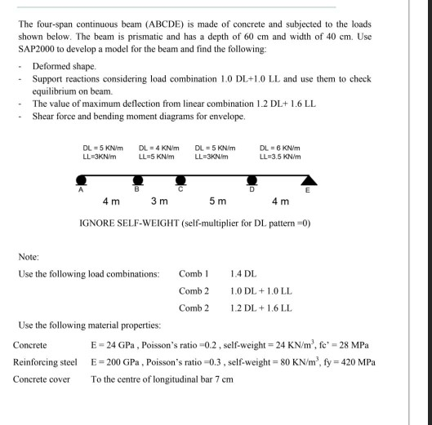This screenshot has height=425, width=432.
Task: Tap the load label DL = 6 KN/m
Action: tap(279, 147)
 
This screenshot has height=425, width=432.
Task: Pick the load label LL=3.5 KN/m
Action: tap(279, 156)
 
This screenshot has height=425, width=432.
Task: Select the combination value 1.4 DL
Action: tap(244, 273)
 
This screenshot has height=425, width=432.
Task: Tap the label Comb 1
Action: tap(194, 273)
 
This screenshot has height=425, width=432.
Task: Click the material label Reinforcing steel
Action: tap(45, 361)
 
